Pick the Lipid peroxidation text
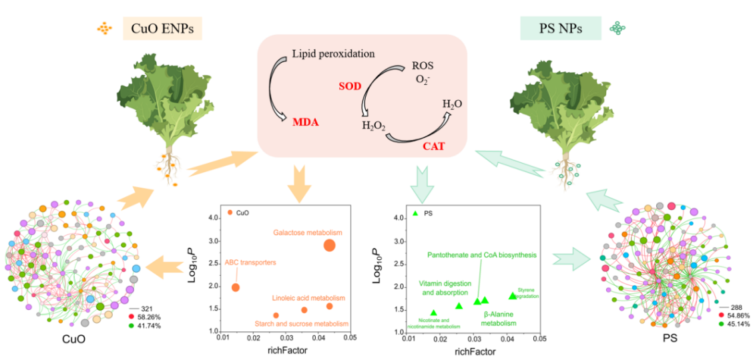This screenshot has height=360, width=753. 334,53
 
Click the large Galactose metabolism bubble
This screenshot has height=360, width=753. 329,245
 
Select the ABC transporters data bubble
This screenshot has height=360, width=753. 235,287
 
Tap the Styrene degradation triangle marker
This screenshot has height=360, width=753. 513,295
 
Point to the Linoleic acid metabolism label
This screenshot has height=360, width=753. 308,298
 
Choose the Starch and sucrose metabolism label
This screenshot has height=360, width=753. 302,324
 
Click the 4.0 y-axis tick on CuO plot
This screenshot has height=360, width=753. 214,218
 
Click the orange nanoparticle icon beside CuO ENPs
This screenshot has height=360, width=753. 105,28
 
